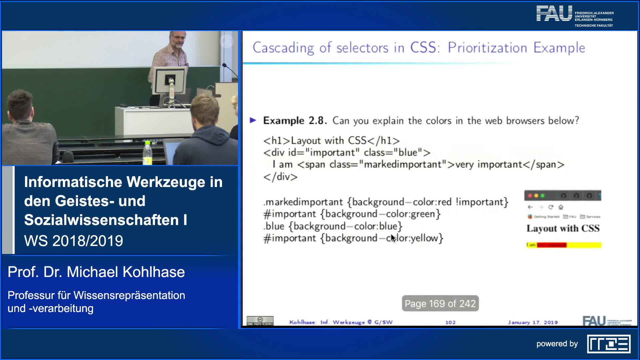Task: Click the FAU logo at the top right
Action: (x=554, y=14)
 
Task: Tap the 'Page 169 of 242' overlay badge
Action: (x=440, y=303)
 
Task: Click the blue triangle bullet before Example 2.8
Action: (x=253, y=120)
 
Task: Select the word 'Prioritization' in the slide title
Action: (x=487, y=48)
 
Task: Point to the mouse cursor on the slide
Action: (x=393, y=238)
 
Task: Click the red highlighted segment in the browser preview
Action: (x=551, y=245)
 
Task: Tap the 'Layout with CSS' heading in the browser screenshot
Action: (x=563, y=228)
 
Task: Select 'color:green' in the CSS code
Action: (x=413, y=214)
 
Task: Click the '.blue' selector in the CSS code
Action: (x=274, y=226)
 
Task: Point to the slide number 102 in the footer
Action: (x=450, y=322)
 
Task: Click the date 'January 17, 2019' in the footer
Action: (x=532, y=322)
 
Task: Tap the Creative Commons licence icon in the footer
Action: (x=260, y=321)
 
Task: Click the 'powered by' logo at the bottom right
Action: (x=608, y=344)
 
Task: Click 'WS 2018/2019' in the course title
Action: (x=74, y=241)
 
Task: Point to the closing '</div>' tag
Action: (x=280, y=177)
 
